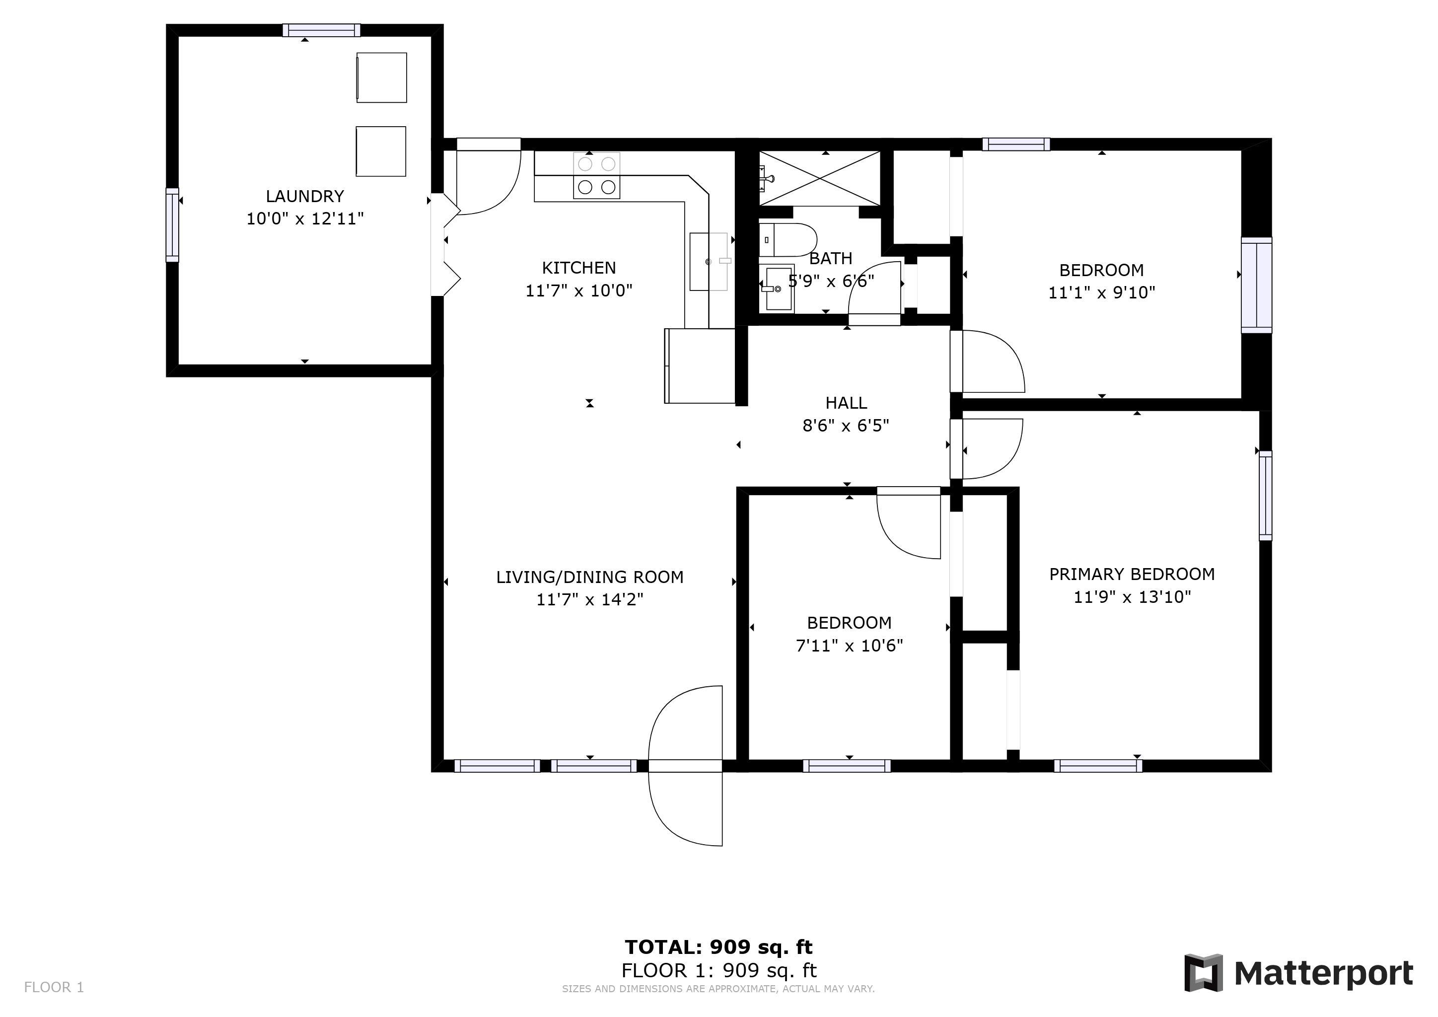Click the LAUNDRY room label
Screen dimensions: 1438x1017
click(305, 196)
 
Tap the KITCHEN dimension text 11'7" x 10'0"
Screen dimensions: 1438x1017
click(578, 291)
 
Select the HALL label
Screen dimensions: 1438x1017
click(846, 403)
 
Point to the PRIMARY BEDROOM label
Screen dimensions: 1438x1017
click(1132, 574)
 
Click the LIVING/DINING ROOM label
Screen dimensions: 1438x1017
click(589, 578)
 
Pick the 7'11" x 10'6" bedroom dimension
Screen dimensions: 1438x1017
click(849, 646)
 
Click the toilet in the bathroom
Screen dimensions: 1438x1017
click(788, 240)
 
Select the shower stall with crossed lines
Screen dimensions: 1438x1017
click(820, 178)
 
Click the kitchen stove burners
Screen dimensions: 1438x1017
click(596, 176)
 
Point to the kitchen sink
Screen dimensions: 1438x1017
click(709, 262)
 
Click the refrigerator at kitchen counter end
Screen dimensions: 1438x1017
click(700, 365)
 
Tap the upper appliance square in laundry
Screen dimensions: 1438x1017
click(381, 77)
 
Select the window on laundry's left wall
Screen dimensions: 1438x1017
click(172, 225)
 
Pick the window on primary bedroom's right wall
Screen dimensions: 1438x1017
click(1265, 496)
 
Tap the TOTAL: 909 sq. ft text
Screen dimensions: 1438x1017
click(719, 947)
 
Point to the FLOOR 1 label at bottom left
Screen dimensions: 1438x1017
click(54, 988)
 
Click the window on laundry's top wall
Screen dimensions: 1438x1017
click(321, 30)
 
